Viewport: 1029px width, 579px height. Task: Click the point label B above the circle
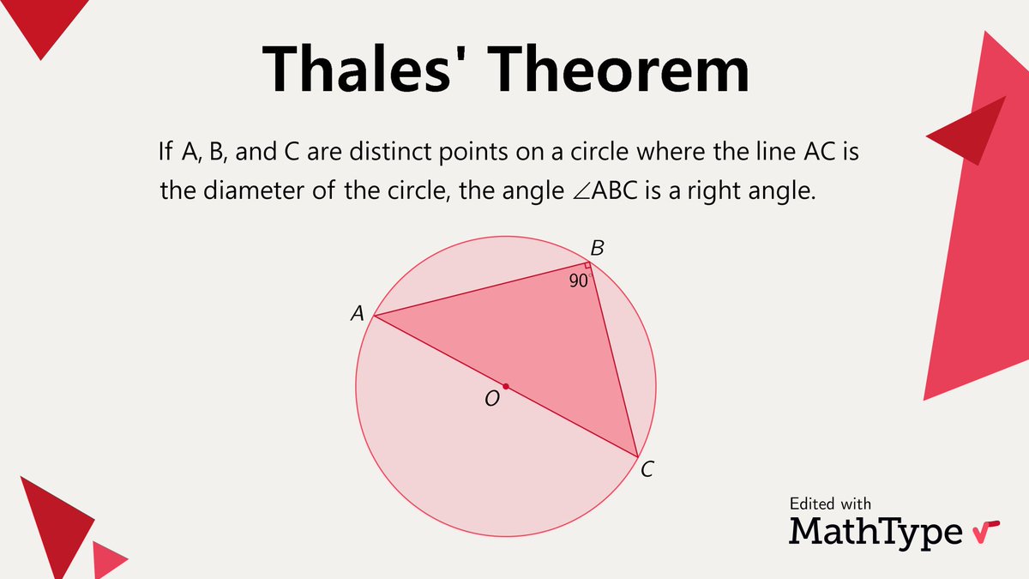pos(598,249)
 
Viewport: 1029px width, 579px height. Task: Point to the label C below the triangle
pos(647,469)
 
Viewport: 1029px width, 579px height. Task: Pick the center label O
pos(492,399)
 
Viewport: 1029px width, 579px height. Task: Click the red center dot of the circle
pos(506,387)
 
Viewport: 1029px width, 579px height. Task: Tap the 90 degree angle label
pos(579,280)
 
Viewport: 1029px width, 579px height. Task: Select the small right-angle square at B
pos(588,268)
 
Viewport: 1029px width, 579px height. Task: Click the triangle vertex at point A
pos(374,317)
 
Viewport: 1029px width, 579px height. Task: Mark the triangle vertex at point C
pos(637,456)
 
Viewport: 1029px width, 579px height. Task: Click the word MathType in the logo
pos(876,531)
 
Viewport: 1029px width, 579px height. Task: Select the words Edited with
pos(829,504)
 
